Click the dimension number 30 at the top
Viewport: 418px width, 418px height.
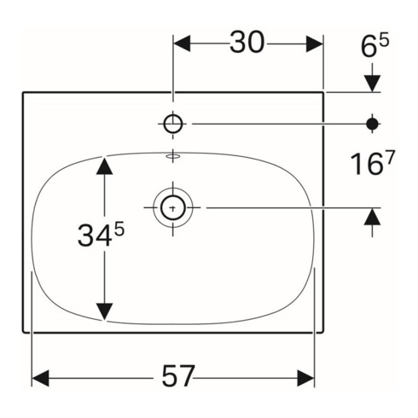(x=247, y=43)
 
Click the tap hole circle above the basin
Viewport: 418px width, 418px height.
(x=173, y=124)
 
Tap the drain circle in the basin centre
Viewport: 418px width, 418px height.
(x=172, y=206)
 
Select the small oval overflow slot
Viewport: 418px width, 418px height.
(x=173, y=156)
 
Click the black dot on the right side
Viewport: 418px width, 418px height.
(x=372, y=124)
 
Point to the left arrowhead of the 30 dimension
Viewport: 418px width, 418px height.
(x=184, y=43)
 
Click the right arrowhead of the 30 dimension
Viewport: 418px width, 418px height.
(x=313, y=43)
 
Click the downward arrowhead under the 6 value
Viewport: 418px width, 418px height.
(x=372, y=83)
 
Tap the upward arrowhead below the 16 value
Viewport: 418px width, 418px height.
(x=372, y=217)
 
